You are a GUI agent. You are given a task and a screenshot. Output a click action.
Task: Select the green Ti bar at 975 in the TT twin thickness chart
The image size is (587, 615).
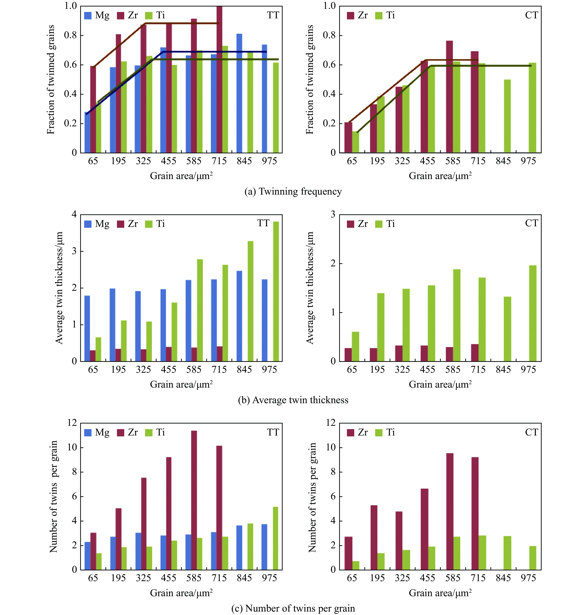(276, 291)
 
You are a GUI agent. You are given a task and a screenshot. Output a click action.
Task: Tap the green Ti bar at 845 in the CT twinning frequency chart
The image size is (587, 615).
(507, 116)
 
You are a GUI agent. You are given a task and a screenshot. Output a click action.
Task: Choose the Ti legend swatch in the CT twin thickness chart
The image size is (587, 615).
(379, 224)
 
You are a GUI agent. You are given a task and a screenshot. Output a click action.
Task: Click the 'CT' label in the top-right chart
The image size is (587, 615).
(531, 15)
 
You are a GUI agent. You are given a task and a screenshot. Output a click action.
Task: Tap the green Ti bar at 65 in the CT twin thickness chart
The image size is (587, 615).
(355, 346)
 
